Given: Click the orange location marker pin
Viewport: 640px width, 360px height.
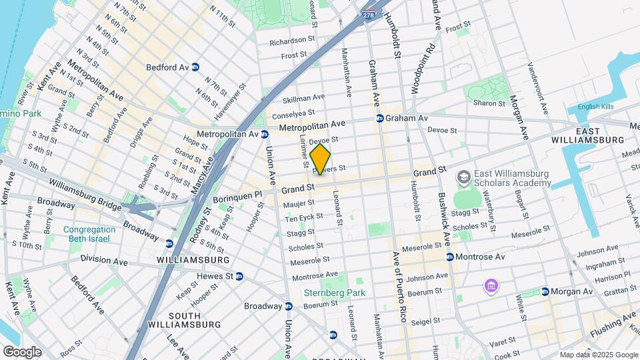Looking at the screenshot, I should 321,159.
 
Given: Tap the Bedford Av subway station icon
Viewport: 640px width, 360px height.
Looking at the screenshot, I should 195,67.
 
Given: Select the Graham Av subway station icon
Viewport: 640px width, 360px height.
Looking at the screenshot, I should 379,118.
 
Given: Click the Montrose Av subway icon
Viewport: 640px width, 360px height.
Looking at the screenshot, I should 450,257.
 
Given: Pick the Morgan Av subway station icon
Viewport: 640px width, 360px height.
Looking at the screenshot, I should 545,291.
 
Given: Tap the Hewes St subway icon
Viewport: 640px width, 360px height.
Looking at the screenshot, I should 239,276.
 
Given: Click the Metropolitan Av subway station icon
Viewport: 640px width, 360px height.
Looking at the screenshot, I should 265,134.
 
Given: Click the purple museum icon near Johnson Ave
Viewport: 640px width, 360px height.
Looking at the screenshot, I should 491,286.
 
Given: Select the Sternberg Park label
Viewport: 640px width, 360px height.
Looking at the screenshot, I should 325,293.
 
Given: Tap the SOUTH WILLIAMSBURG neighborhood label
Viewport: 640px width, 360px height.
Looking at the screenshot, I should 185,320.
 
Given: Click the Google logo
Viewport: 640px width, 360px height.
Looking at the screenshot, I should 21,352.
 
